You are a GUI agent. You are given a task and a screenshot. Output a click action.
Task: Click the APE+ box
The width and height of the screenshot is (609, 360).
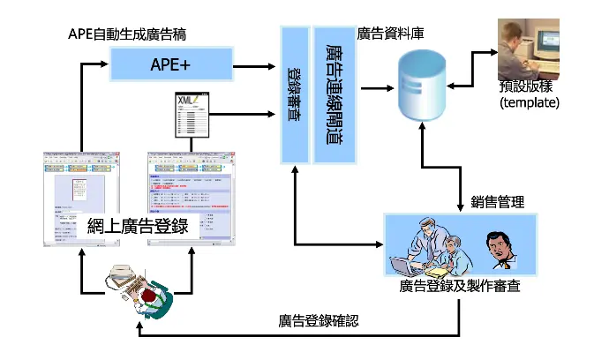pos(171,64)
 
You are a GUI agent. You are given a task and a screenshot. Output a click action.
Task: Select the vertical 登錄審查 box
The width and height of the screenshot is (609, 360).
pos(295,94)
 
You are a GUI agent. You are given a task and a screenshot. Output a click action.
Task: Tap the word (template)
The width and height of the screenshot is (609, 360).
pos(530,102)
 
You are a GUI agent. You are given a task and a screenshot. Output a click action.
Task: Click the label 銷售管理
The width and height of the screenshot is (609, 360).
pos(498,202)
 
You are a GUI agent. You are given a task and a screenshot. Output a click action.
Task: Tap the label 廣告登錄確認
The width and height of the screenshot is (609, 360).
pos(319,320)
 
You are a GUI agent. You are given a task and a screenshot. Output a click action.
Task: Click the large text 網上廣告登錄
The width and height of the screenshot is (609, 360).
pos(139,226)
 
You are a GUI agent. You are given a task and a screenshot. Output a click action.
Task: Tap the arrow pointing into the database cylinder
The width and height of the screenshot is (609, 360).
pos(378,86)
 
